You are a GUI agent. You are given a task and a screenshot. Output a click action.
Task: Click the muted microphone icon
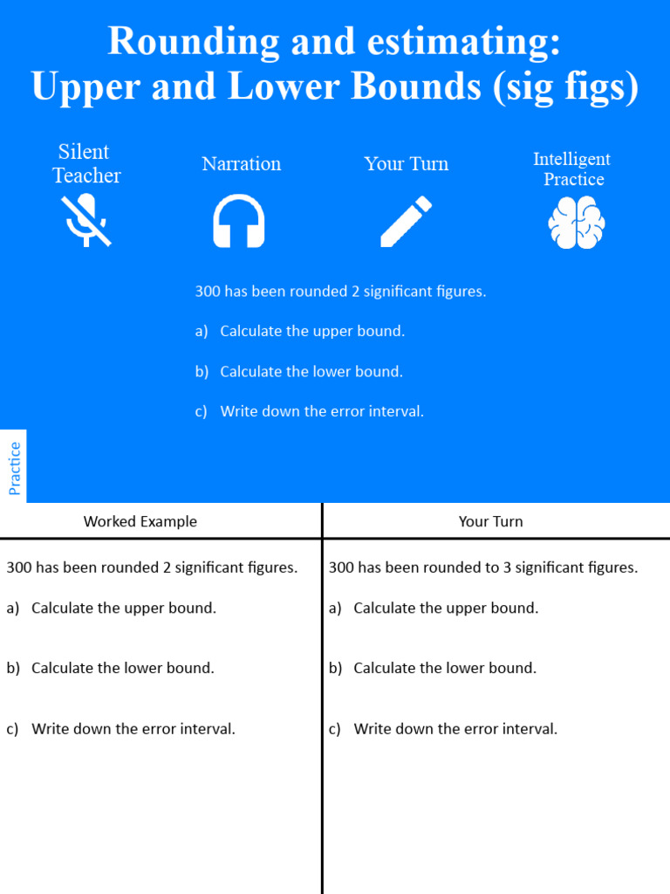[85, 220]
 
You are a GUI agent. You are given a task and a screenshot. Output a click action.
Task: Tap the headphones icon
[239, 222]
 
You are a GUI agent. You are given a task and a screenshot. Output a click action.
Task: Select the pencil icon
[406, 221]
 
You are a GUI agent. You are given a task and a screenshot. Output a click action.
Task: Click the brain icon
[576, 222]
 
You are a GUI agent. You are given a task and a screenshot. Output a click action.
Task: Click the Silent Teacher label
[85, 164]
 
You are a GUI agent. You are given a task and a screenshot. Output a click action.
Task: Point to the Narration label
[241, 164]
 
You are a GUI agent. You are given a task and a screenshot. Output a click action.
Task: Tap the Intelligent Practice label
[572, 168]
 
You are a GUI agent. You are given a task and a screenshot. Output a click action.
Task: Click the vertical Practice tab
[14, 468]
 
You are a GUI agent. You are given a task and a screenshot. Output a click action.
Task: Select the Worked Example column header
[140, 521]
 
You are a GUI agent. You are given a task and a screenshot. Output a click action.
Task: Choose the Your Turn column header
[490, 521]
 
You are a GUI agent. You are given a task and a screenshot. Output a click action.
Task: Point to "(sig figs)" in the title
[565, 87]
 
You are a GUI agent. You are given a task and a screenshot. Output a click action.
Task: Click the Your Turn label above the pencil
[406, 164]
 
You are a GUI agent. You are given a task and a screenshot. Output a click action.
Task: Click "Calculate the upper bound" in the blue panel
[311, 332]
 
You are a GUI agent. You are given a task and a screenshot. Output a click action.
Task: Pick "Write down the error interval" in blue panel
[321, 411]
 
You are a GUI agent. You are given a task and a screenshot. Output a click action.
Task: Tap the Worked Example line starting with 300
[152, 567]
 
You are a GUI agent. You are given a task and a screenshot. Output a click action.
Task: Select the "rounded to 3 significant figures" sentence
[482, 567]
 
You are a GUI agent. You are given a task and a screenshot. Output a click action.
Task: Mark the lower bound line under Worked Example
[122, 668]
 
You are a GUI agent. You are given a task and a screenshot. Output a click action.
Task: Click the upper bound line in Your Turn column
[445, 608]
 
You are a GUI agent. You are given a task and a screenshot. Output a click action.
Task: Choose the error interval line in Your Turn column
[455, 729]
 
